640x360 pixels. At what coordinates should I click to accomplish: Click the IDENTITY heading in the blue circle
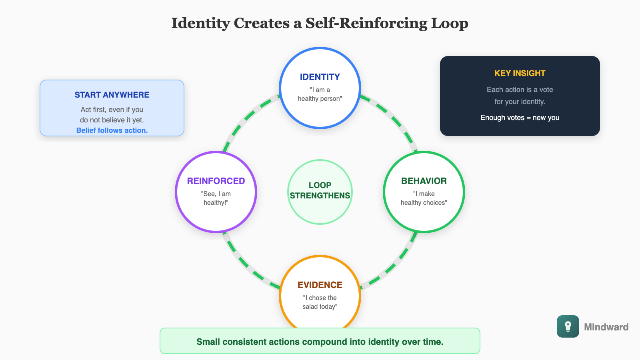(x=320, y=77)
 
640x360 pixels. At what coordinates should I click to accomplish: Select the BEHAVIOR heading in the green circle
(x=424, y=181)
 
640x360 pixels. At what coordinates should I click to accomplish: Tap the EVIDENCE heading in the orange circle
(x=320, y=285)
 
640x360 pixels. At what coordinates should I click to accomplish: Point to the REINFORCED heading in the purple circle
(x=216, y=181)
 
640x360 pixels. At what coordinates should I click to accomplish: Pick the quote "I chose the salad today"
(x=320, y=302)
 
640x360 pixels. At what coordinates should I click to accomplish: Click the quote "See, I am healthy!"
(x=216, y=198)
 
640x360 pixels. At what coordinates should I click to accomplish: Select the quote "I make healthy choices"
(x=424, y=198)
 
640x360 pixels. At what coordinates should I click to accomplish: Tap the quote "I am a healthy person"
(x=320, y=94)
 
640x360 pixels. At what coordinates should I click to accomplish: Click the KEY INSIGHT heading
(x=520, y=73)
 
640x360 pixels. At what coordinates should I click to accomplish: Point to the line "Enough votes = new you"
(x=520, y=118)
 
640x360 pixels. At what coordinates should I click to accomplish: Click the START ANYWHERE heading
(x=112, y=95)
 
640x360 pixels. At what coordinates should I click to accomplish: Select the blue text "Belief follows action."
(x=112, y=130)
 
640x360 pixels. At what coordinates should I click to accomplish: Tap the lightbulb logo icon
(x=568, y=326)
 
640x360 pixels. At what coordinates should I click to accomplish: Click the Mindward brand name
(x=606, y=327)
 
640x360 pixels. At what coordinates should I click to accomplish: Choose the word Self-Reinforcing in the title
(x=366, y=23)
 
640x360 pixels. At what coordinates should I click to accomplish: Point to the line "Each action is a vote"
(x=520, y=90)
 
